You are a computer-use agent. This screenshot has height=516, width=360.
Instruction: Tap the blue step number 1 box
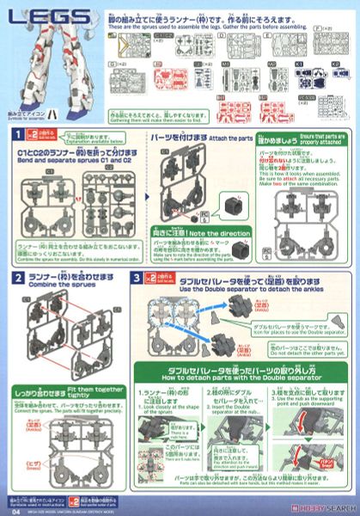coord(16,135)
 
